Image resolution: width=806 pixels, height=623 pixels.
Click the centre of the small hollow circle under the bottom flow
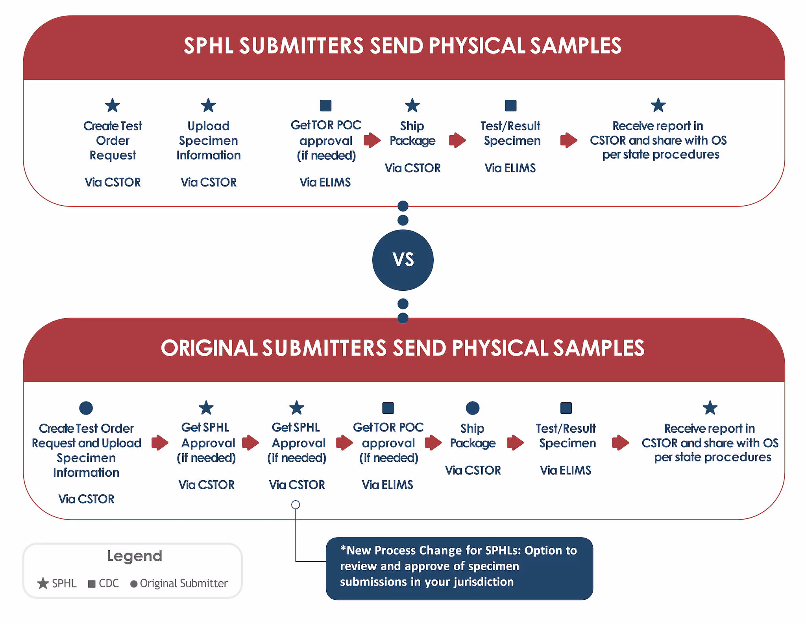296,505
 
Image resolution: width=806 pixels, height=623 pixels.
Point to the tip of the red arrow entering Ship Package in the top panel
381,140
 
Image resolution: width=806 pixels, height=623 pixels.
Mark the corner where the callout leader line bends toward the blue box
296,561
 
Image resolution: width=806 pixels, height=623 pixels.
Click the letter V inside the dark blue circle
397,260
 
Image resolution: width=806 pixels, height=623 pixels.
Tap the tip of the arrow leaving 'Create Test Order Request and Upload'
169,442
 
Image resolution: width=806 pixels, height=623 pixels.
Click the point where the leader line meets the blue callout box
326,561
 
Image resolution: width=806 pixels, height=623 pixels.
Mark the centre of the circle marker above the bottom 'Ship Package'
473,408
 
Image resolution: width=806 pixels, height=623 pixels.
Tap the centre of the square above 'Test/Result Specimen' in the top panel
510,105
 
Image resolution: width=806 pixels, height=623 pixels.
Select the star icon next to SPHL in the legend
43,583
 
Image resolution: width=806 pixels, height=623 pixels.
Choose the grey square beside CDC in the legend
92,584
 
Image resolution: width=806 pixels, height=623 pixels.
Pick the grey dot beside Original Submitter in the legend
134,584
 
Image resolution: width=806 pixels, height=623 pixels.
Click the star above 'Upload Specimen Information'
208,105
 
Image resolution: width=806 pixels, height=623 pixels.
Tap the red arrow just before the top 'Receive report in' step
569,140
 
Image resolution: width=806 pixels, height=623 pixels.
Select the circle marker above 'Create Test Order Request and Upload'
86,408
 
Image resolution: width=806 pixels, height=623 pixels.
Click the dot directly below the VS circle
403,304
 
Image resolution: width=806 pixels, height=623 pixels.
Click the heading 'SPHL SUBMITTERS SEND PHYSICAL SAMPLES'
403,46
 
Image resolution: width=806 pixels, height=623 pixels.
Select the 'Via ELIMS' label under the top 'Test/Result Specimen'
510,168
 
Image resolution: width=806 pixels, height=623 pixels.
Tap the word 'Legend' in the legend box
135,556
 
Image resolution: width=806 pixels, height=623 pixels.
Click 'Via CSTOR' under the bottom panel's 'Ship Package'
473,470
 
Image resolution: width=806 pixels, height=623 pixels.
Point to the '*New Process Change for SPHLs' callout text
458,566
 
